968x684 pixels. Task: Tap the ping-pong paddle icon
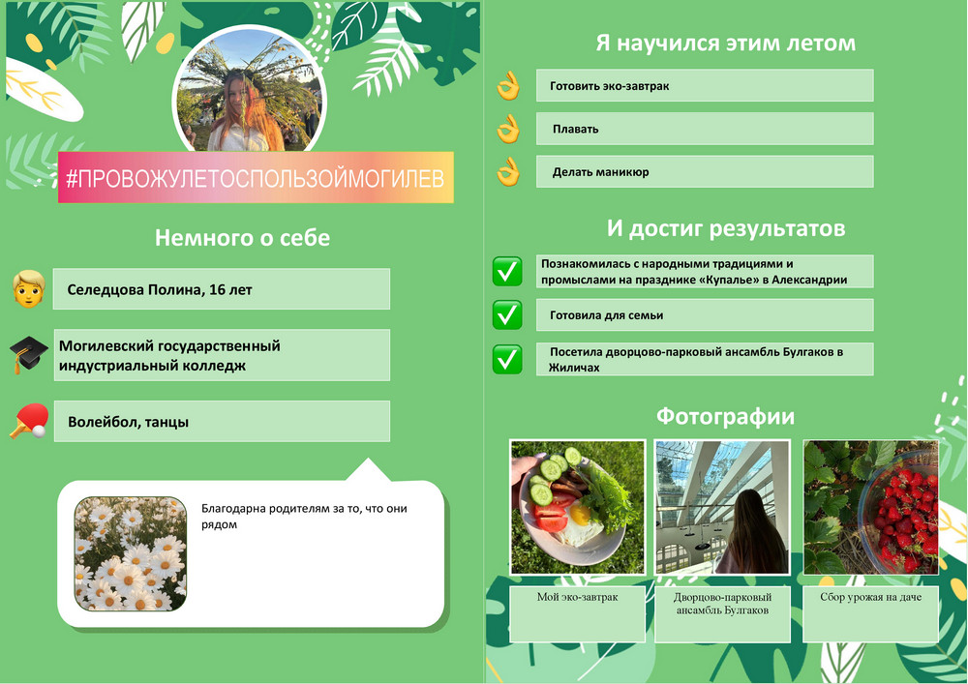(29, 421)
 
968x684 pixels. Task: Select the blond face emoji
(29, 288)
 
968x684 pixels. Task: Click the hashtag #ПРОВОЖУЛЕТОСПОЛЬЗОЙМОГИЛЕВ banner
(256, 178)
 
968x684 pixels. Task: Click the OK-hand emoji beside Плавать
(508, 129)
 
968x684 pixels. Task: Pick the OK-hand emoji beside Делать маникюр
(508, 171)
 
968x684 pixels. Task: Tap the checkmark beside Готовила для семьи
(507, 314)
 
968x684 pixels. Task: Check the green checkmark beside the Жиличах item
(507, 359)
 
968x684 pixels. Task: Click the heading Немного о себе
(242, 237)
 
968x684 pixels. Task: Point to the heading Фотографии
(725, 416)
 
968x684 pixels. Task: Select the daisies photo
(131, 553)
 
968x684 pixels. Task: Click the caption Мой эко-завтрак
(577, 597)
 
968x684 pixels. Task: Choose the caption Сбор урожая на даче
(870, 597)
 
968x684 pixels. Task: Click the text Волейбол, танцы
(128, 422)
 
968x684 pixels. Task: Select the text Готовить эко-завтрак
(609, 86)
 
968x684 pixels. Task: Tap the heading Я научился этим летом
(725, 43)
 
